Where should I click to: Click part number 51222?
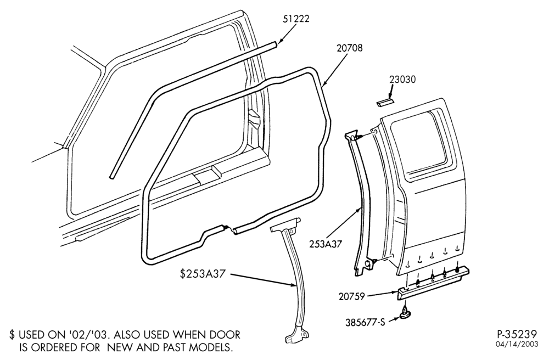(x=296, y=19)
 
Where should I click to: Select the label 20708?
(x=350, y=48)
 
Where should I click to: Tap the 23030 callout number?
(x=402, y=80)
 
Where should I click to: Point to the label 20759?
(x=352, y=296)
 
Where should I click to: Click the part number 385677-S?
(x=365, y=322)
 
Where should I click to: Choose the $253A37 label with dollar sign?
(x=202, y=274)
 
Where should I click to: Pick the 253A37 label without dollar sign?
(x=325, y=244)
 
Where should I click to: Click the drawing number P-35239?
(x=517, y=334)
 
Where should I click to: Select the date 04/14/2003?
(x=517, y=345)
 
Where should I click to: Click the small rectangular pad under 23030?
(x=385, y=103)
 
